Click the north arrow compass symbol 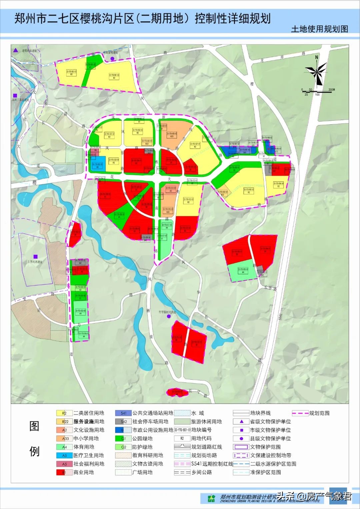[316, 71]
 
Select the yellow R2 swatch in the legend [64, 413]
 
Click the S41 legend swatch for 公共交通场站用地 [123, 413]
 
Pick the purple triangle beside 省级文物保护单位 [242, 421]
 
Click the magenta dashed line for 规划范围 [300, 413]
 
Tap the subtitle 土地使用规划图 [319, 29]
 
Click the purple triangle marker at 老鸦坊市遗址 [15, 51]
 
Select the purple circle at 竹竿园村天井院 [169, 317]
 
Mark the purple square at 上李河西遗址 [35, 257]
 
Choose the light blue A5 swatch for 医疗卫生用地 [64, 455]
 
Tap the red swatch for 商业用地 [64, 472]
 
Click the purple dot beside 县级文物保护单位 [242, 438]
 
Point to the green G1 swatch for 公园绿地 [123, 438]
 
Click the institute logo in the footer [211, 498]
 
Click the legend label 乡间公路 [201, 472]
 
